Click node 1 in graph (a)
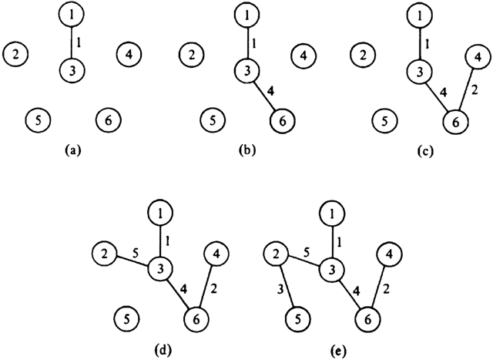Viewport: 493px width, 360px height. click(72, 15)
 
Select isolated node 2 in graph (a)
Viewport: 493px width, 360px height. click(15, 54)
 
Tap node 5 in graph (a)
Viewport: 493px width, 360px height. click(37, 120)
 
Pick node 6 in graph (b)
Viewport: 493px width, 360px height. click(283, 121)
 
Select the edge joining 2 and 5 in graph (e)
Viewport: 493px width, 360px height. click(286, 284)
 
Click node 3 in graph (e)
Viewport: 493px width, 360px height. click(332, 269)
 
